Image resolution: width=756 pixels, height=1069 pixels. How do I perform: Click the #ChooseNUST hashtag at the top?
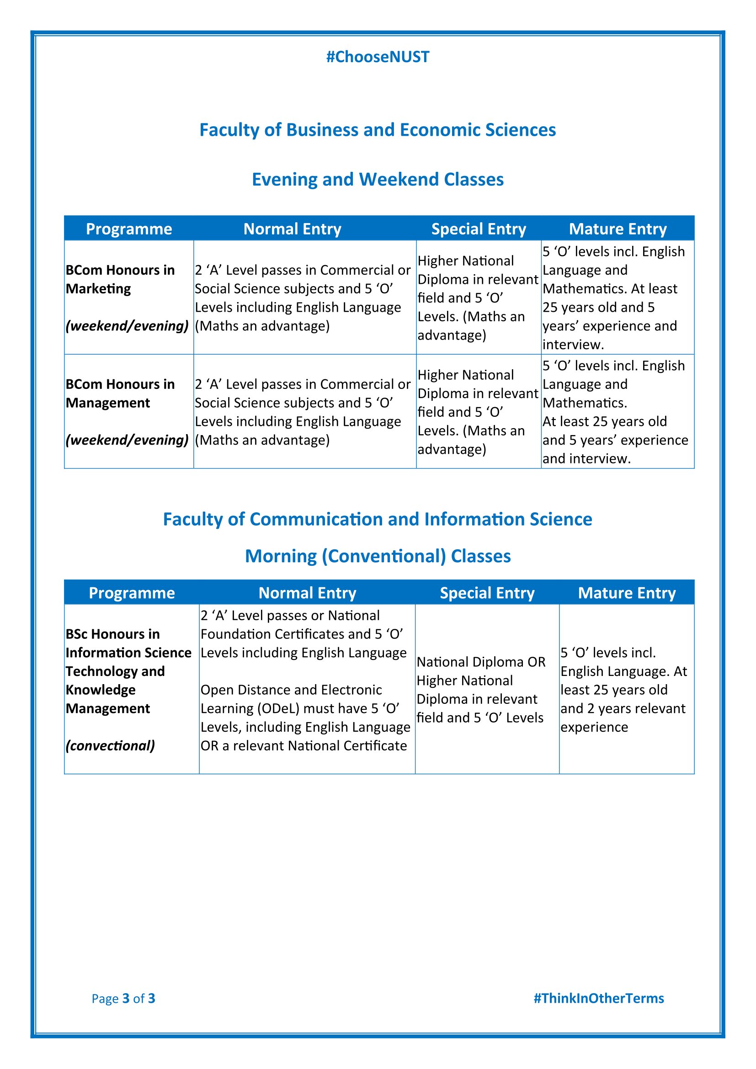tap(378, 57)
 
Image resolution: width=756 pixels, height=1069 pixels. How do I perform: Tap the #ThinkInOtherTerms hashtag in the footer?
tap(599, 998)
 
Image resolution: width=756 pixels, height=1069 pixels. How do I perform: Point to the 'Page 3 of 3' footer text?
tap(123, 998)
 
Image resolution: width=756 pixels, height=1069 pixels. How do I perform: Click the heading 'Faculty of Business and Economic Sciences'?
tap(378, 130)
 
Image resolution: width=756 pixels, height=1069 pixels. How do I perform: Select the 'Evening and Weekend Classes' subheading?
tap(378, 179)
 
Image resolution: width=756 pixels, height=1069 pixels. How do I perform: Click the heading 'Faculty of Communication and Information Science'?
tap(378, 519)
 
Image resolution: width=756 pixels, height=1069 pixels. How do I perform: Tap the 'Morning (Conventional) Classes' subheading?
tap(378, 556)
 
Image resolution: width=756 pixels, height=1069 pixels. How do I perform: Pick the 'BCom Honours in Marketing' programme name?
tap(120, 279)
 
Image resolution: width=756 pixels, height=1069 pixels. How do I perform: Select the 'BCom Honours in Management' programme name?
tap(120, 394)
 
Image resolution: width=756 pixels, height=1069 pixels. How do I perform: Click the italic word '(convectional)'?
tap(110, 745)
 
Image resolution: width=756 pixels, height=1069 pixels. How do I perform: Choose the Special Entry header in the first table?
tap(479, 229)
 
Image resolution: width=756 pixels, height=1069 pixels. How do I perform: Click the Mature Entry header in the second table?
tap(627, 593)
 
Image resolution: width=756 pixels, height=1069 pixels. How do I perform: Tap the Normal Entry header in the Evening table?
tap(293, 229)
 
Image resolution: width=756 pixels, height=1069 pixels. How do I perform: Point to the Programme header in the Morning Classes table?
tap(132, 593)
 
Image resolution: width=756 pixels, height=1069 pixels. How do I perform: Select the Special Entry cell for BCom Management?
tap(478, 412)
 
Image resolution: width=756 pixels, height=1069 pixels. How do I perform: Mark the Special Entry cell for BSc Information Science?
tap(480, 690)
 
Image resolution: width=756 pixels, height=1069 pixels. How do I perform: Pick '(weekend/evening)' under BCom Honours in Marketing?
tap(127, 325)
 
